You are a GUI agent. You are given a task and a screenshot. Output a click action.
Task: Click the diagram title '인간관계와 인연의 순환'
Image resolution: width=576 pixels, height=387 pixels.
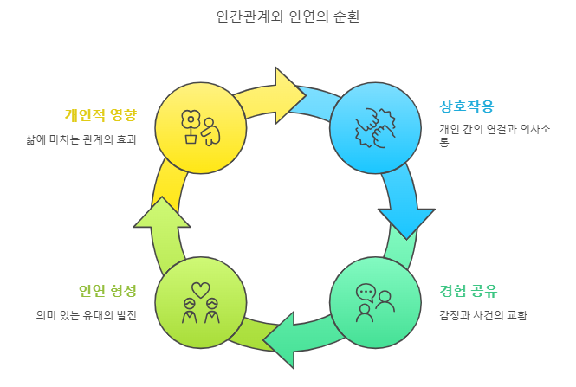coord(288,16)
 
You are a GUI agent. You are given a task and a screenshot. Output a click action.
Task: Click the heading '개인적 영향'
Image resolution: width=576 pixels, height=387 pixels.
coord(100,114)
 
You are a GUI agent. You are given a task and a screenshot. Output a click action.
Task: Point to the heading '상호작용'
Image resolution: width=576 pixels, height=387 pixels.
coord(467,107)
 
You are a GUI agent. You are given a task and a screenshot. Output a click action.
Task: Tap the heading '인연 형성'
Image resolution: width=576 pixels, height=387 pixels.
coord(107,290)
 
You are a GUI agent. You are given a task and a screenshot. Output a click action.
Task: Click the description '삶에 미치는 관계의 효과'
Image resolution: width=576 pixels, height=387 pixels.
coord(81,139)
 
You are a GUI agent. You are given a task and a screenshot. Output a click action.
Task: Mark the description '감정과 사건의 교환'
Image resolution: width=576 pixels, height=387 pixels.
coord(483,315)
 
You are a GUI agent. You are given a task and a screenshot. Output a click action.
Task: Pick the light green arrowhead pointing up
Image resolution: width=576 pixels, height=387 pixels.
coord(162,213)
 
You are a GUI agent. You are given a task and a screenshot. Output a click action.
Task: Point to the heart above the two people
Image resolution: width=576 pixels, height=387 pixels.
coord(200,288)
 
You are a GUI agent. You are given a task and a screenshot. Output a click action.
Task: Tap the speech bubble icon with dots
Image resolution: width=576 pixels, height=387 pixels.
coord(366,292)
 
